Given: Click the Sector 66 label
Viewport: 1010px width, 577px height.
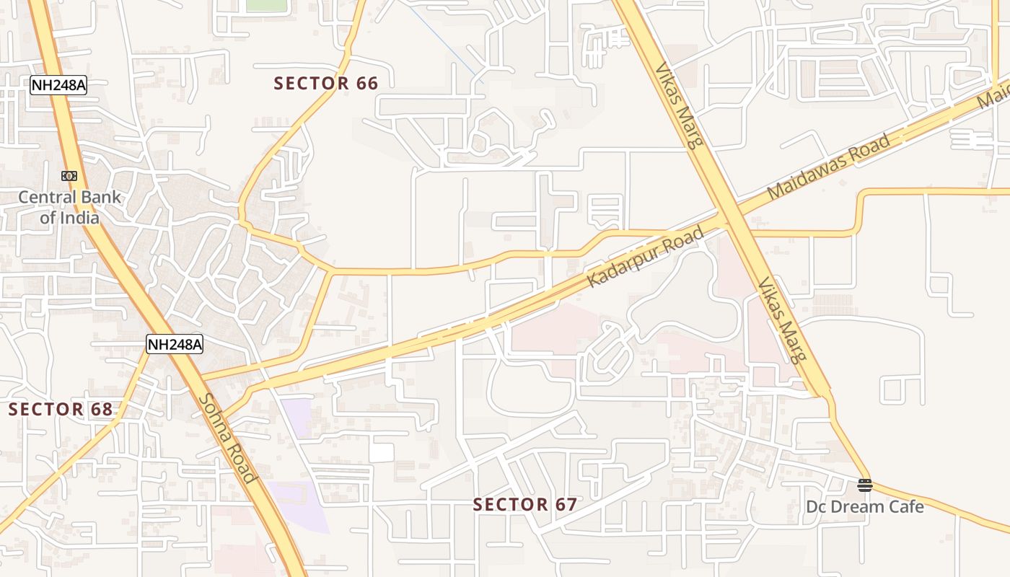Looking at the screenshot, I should (x=326, y=84).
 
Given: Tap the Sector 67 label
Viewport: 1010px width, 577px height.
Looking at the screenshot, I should (x=525, y=504).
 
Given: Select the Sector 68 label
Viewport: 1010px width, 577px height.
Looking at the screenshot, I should (x=61, y=410).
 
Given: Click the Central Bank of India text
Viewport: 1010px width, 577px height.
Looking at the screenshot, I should (x=69, y=206).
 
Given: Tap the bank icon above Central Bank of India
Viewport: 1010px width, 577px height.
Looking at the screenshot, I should (x=69, y=176).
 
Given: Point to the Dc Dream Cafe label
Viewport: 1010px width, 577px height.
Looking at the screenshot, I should (x=864, y=506).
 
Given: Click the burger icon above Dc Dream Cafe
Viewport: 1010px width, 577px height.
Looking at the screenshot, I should (x=864, y=485).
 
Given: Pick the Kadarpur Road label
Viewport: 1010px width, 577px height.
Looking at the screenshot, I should (x=645, y=257).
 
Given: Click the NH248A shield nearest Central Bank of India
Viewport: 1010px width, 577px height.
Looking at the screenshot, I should (x=58, y=85).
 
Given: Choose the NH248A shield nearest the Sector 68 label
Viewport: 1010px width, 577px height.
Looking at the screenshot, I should (x=175, y=345).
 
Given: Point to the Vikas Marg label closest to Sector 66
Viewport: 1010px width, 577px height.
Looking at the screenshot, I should (x=679, y=105).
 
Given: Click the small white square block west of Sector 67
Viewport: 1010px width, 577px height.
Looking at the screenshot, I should (x=382, y=452).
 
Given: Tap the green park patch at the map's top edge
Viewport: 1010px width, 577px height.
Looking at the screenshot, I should (x=266, y=4).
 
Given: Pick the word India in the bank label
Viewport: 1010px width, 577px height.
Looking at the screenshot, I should (x=80, y=216).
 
